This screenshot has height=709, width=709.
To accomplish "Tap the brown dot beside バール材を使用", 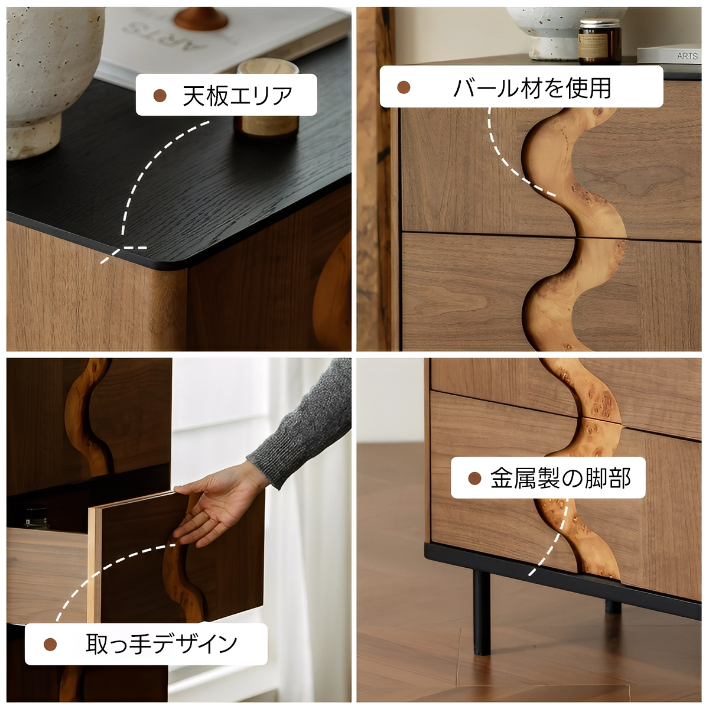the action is tap(404, 87).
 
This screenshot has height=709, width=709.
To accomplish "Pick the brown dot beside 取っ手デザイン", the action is tap(50, 644).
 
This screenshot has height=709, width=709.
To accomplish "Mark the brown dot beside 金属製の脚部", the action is tap(474, 479).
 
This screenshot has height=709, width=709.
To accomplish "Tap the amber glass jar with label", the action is tap(600, 42).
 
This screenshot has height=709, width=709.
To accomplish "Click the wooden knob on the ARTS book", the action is tap(200, 18).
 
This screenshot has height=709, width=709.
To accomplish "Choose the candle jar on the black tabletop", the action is tap(267, 99).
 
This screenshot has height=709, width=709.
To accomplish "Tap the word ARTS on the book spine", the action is tap(687, 56).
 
